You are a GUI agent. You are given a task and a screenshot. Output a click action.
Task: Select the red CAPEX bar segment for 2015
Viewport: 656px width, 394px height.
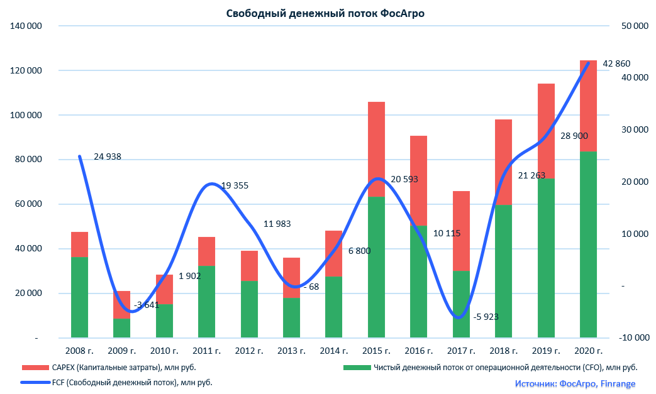(x=376, y=149)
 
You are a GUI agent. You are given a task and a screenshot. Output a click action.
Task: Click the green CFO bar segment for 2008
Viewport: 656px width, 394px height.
(x=79, y=297)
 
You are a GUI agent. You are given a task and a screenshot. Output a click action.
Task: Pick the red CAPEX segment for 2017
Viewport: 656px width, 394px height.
(x=461, y=231)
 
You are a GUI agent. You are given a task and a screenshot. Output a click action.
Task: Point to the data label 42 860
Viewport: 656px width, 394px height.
(x=616, y=63)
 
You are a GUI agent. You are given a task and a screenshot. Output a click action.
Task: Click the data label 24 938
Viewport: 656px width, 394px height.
(x=107, y=156)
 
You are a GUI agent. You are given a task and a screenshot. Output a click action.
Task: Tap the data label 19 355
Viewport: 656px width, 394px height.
(x=235, y=185)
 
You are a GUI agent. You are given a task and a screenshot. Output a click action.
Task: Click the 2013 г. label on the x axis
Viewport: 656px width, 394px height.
(x=291, y=351)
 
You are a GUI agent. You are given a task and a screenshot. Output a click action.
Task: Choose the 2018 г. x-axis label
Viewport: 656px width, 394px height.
(x=503, y=351)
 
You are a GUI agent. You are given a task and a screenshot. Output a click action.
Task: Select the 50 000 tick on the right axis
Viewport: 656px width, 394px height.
(x=634, y=26)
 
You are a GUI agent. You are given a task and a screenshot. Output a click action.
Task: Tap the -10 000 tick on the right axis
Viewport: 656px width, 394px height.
(x=633, y=337)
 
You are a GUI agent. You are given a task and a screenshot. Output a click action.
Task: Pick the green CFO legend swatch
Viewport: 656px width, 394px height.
(x=356, y=368)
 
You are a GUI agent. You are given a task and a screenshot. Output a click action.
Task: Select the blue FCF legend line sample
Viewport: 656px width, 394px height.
(x=38, y=382)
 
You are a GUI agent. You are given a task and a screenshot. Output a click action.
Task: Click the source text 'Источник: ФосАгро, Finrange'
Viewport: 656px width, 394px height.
(x=575, y=383)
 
